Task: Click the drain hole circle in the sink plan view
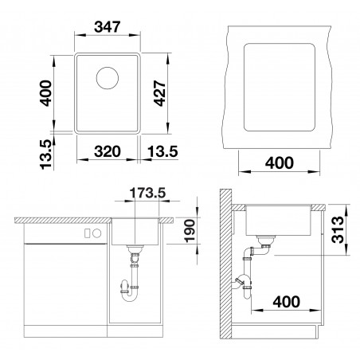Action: [x=108, y=78]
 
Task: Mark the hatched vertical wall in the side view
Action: [x=226, y=263]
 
